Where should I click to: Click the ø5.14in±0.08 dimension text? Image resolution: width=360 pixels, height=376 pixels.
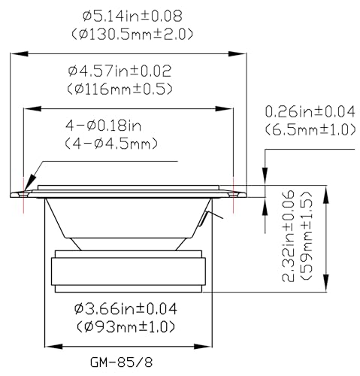point(132,17)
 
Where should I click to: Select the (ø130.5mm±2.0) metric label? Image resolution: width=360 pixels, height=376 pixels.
point(132,34)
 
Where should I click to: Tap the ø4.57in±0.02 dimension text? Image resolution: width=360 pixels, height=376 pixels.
point(119,71)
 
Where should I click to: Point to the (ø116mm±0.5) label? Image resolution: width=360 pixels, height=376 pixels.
point(119,89)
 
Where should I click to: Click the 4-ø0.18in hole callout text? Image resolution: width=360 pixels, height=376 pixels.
point(103,126)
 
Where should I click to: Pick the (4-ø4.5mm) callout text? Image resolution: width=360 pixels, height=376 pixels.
point(111,144)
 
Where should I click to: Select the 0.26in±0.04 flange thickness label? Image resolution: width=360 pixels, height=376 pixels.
point(310,111)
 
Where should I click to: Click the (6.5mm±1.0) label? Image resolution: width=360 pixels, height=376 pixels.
point(310,129)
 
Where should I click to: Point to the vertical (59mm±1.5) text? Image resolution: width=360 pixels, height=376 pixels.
point(306,236)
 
